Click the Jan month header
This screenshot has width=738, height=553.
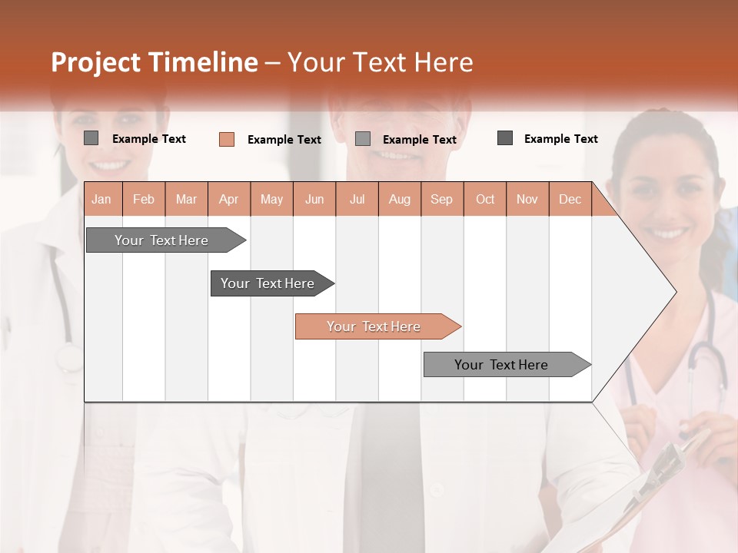[101, 199]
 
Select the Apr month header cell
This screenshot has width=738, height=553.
[228, 199]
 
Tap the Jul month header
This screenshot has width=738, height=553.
[357, 199]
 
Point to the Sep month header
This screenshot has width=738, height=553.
[441, 199]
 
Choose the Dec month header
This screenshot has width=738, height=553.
[570, 199]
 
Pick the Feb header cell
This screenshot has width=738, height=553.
[144, 199]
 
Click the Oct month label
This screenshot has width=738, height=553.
[485, 199]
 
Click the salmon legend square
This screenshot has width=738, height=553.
[227, 139]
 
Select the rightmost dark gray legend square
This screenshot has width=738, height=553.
[505, 138]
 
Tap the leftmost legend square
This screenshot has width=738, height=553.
[91, 138]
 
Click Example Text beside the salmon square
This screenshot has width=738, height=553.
[284, 140]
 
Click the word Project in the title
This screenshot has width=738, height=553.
[96, 62]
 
